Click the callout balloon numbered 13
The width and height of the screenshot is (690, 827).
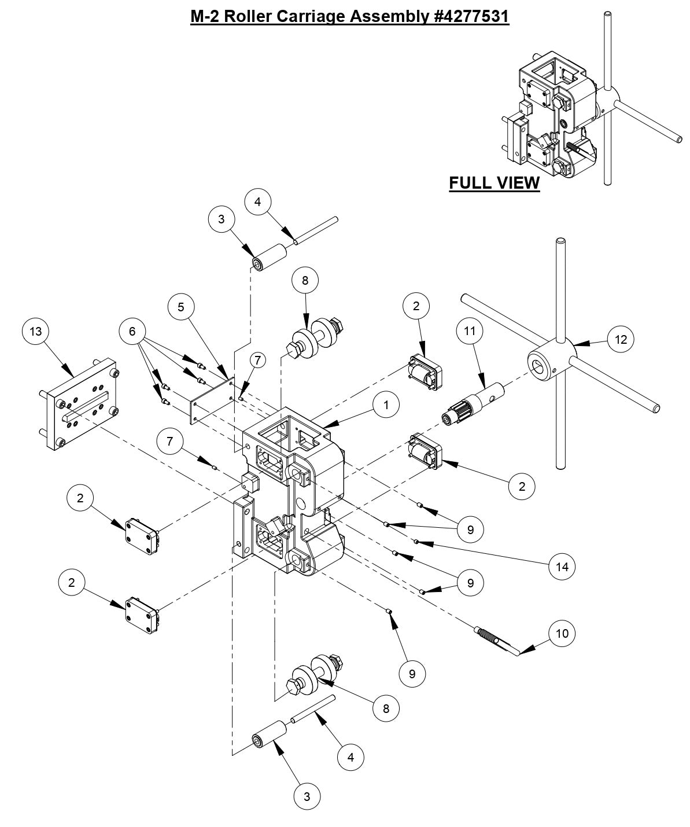click(36, 331)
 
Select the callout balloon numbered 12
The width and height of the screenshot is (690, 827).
click(621, 339)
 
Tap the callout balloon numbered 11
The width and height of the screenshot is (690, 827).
click(470, 332)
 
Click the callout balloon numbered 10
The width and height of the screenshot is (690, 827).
click(562, 633)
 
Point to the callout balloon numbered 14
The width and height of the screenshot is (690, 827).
click(562, 567)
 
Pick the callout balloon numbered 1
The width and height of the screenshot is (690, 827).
click(386, 406)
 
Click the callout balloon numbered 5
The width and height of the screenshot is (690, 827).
click(181, 307)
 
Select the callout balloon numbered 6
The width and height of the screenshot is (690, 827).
click(132, 331)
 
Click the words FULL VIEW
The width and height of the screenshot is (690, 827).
click(494, 183)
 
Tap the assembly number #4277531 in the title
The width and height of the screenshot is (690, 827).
click(470, 16)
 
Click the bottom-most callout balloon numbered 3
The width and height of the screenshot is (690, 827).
click(307, 796)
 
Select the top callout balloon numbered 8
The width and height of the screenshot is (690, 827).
click(305, 280)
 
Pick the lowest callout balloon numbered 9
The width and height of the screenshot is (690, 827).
click(412, 674)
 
